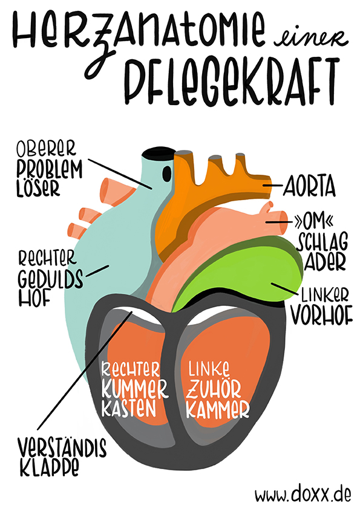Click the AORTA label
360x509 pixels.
(x=309, y=187)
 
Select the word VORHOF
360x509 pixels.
(x=321, y=315)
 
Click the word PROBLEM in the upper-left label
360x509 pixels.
(x=50, y=169)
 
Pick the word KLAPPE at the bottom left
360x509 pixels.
(x=50, y=467)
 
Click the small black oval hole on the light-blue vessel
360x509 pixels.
(x=166, y=173)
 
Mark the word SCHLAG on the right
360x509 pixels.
(x=322, y=242)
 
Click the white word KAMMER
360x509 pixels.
(x=218, y=409)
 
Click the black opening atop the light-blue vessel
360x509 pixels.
(x=159, y=152)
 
